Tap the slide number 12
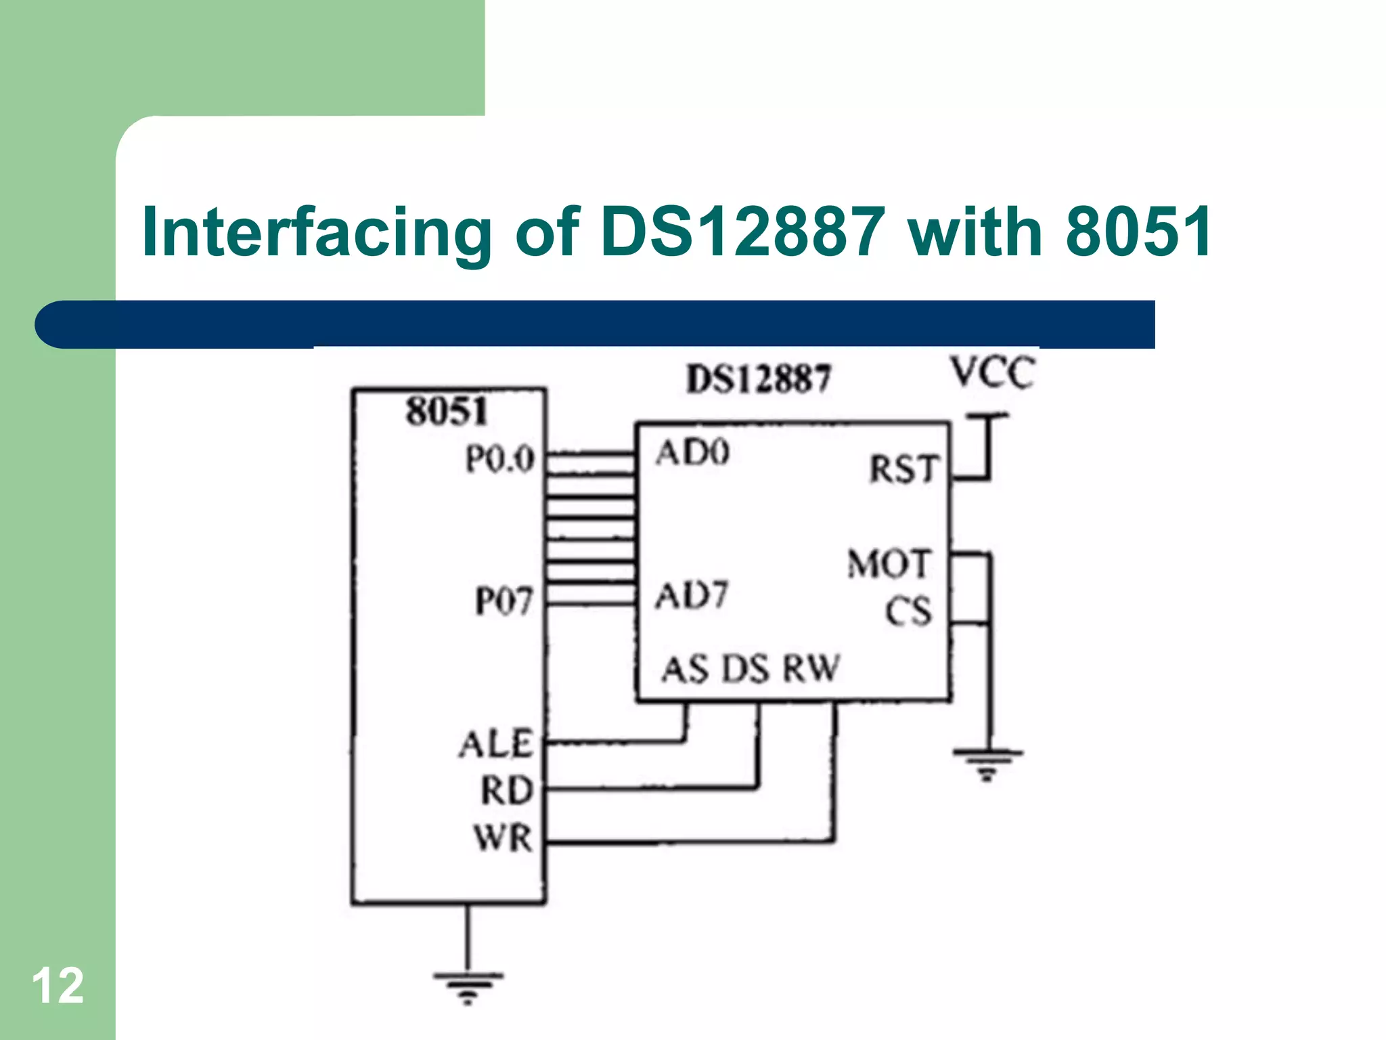click(x=58, y=986)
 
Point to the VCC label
click(x=992, y=373)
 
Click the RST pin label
click(x=904, y=469)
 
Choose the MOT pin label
click(x=889, y=564)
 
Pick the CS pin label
click(x=908, y=611)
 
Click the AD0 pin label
click(x=692, y=453)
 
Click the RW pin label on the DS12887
click(x=811, y=669)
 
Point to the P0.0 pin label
click(x=500, y=459)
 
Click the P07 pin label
click(x=504, y=601)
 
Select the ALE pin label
click(x=496, y=744)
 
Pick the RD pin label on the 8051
click(x=506, y=790)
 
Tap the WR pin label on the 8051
click(x=503, y=838)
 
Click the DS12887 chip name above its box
click(x=758, y=379)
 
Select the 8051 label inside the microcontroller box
click(x=447, y=411)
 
